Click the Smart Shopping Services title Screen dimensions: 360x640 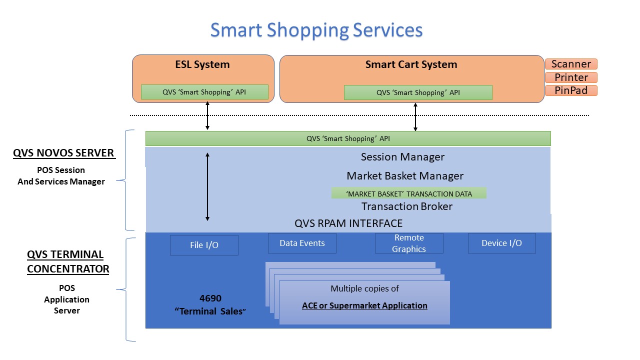coord(316,30)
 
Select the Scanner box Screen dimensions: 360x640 coord(571,64)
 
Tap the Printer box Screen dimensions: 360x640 coord(571,77)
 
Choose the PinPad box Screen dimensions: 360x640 coord(571,90)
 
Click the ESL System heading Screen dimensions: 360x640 coord(202,64)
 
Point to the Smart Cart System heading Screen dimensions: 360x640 coord(411,64)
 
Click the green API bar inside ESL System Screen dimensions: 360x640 coord(204,92)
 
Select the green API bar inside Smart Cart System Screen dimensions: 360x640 coord(418,92)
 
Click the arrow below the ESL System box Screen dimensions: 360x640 coord(207,115)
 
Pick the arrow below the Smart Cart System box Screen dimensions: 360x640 coord(415,117)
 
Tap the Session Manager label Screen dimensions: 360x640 coord(402,157)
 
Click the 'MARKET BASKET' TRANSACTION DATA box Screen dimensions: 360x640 coord(408,193)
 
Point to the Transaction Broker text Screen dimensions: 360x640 coord(406,206)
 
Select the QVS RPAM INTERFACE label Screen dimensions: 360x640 coord(348,223)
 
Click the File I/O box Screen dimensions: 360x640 coord(204,245)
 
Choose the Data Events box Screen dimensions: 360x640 coord(302,243)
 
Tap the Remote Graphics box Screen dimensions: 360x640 coord(409,243)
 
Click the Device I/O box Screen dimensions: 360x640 coord(501,243)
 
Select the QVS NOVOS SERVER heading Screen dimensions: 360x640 coord(64,153)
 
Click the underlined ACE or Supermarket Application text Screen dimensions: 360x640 coord(364,305)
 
